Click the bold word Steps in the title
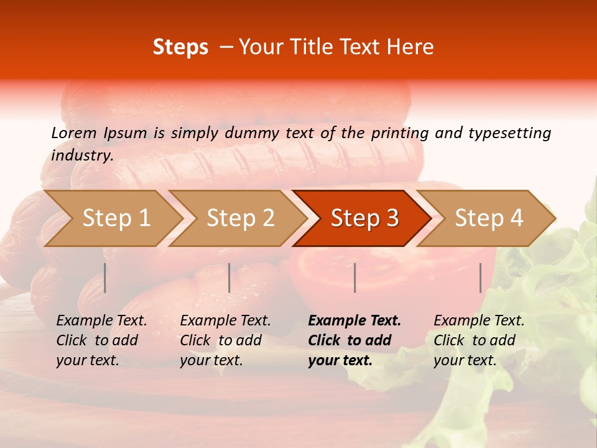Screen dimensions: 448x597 click(180, 47)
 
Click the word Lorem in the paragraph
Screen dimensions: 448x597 click(73, 133)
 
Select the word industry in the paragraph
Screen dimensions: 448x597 click(81, 156)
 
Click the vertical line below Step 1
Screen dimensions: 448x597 click(105, 278)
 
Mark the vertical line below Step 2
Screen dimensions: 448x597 click(229, 278)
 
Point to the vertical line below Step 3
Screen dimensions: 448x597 click(354, 278)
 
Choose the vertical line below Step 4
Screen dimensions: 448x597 click(481, 278)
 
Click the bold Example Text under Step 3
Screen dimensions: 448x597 click(354, 321)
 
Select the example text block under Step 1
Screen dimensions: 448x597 click(101, 340)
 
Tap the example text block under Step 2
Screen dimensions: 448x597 click(225, 340)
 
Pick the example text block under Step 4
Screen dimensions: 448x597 click(479, 340)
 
